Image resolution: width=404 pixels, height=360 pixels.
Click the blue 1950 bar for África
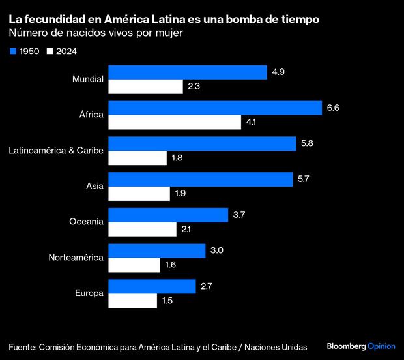(214, 108)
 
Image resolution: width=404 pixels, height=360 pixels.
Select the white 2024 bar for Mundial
(145, 87)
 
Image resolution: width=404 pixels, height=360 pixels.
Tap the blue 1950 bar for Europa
(152, 286)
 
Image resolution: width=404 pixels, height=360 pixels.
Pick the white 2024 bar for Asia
(139, 194)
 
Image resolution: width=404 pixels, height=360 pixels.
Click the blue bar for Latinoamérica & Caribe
(201, 143)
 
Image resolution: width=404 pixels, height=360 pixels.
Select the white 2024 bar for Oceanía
(142, 230)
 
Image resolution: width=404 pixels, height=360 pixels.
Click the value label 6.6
(332, 108)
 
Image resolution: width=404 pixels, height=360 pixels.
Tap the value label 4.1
(252, 123)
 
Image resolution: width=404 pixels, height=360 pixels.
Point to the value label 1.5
(167, 301)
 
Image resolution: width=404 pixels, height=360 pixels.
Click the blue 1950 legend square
(12, 51)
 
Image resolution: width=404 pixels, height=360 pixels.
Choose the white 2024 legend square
(49, 51)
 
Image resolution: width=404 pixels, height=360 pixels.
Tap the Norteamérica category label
(76, 258)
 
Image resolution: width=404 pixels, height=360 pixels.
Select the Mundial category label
(88, 80)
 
